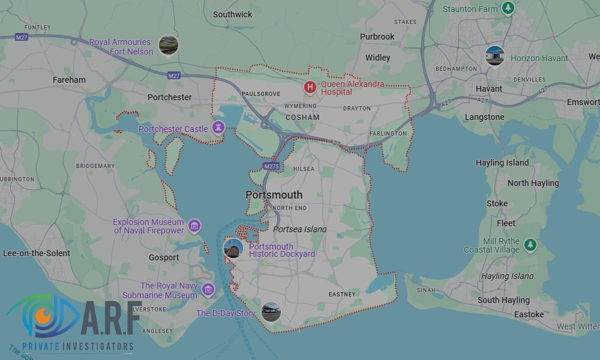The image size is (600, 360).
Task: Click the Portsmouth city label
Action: [x=274, y=195]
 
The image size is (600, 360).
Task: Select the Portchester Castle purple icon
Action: [x=218, y=128]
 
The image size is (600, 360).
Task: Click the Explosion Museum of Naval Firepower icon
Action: [x=194, y=226]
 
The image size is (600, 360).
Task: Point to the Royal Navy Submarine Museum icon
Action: [x=208, y=290]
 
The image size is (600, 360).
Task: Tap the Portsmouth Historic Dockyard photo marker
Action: [x=233, y=248]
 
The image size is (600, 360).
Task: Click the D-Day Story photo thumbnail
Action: [x=271, y=312]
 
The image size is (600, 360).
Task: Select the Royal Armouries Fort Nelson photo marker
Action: [x=168, y=45]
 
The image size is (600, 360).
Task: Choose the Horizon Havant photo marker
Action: [x=495, y=56]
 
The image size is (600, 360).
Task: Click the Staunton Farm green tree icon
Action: [x=508, y=8]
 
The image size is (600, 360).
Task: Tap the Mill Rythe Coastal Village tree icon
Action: [x=530, y=245]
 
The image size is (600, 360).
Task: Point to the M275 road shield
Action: [x=270, y=166]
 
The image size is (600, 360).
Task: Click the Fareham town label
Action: [x=69, y=80]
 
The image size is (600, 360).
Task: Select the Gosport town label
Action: [x=164, y=257]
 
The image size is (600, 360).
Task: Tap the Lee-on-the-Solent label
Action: [x=37, y=253]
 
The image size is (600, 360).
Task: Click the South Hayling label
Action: [x=503, y=300]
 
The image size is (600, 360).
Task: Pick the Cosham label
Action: [x=302, y=117]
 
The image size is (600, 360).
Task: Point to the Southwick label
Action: [x=233, y=14]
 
